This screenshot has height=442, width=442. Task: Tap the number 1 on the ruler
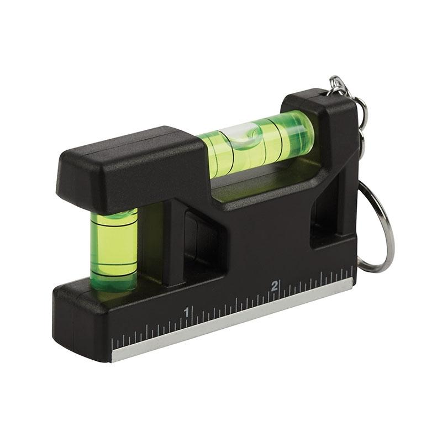(187, 312)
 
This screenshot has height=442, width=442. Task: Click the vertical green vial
(113, 249)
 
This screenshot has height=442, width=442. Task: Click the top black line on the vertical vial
(113, 217)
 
